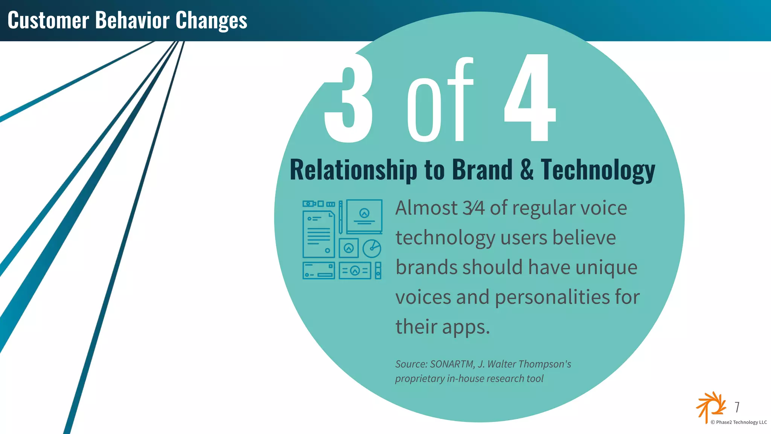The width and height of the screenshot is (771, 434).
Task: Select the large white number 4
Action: click(x=530, y=98)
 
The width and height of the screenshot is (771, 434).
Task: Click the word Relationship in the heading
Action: click(x=354, y=170)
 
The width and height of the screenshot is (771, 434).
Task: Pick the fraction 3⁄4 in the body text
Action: click(x=474, y=208)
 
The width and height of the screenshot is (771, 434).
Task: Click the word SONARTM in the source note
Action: click(x=452, y=364)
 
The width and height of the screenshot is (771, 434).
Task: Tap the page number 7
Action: click(x=737, y=407)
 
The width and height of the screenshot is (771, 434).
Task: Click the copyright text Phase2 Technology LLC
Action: click(x=739, y=422)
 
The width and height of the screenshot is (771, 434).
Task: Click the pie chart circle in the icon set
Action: click(x=372, y=248)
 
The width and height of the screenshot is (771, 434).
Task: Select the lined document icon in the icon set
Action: click(x=319, y=235)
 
